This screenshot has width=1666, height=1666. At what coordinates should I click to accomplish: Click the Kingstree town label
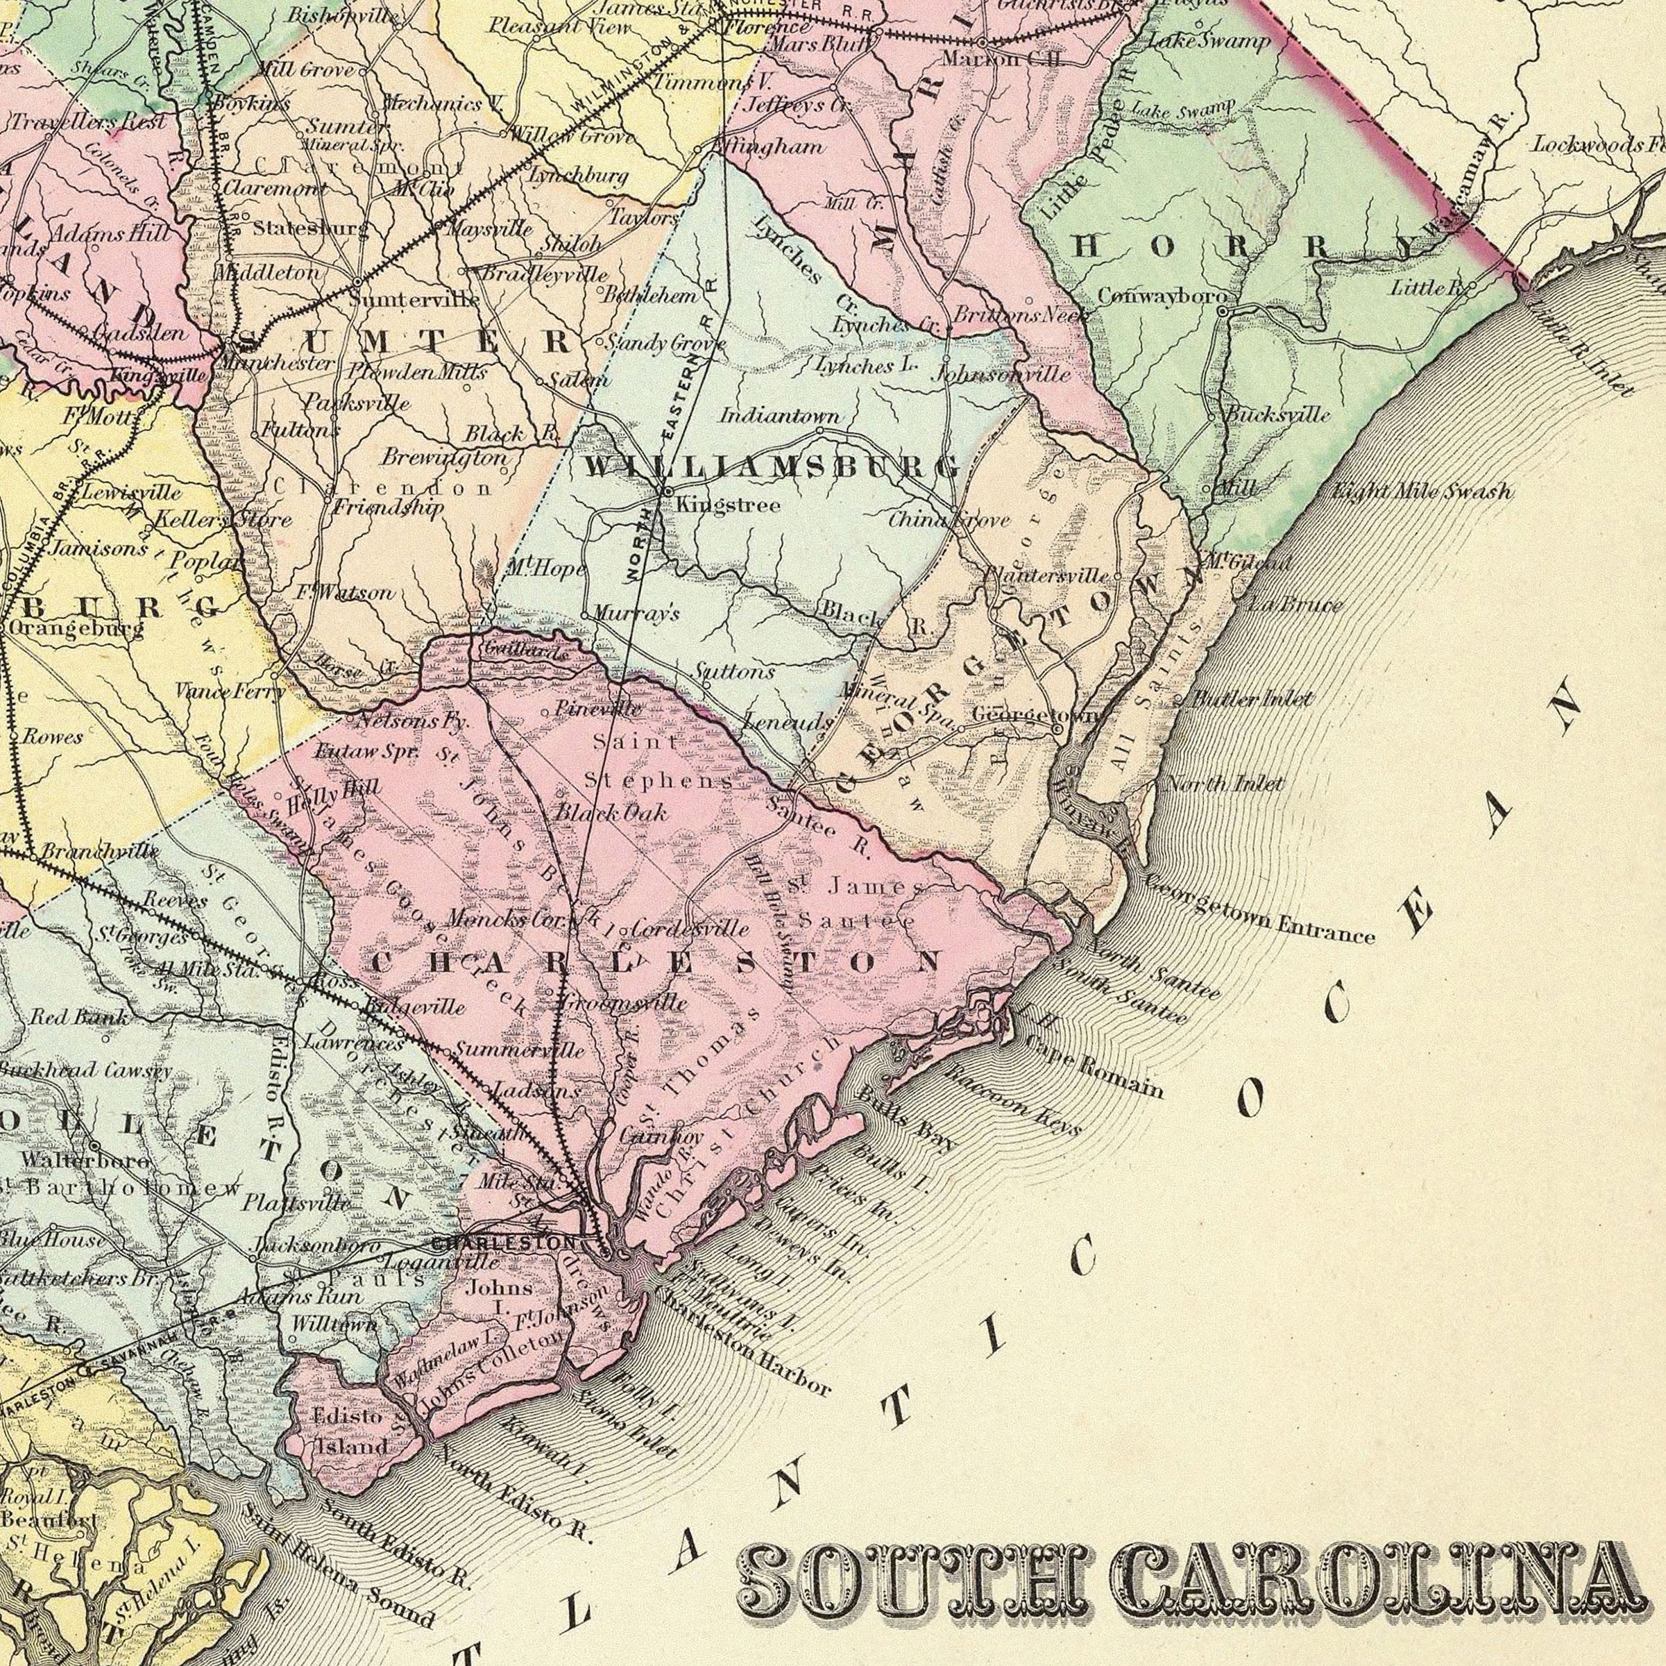[729, 505]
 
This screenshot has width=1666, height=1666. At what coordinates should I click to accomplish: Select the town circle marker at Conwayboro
[1222, 310]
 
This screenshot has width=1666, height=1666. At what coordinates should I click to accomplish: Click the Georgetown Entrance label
[1259, 911]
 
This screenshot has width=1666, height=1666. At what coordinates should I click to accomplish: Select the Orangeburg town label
[75, 629]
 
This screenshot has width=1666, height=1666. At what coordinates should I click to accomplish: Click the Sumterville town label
[415, 301]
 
